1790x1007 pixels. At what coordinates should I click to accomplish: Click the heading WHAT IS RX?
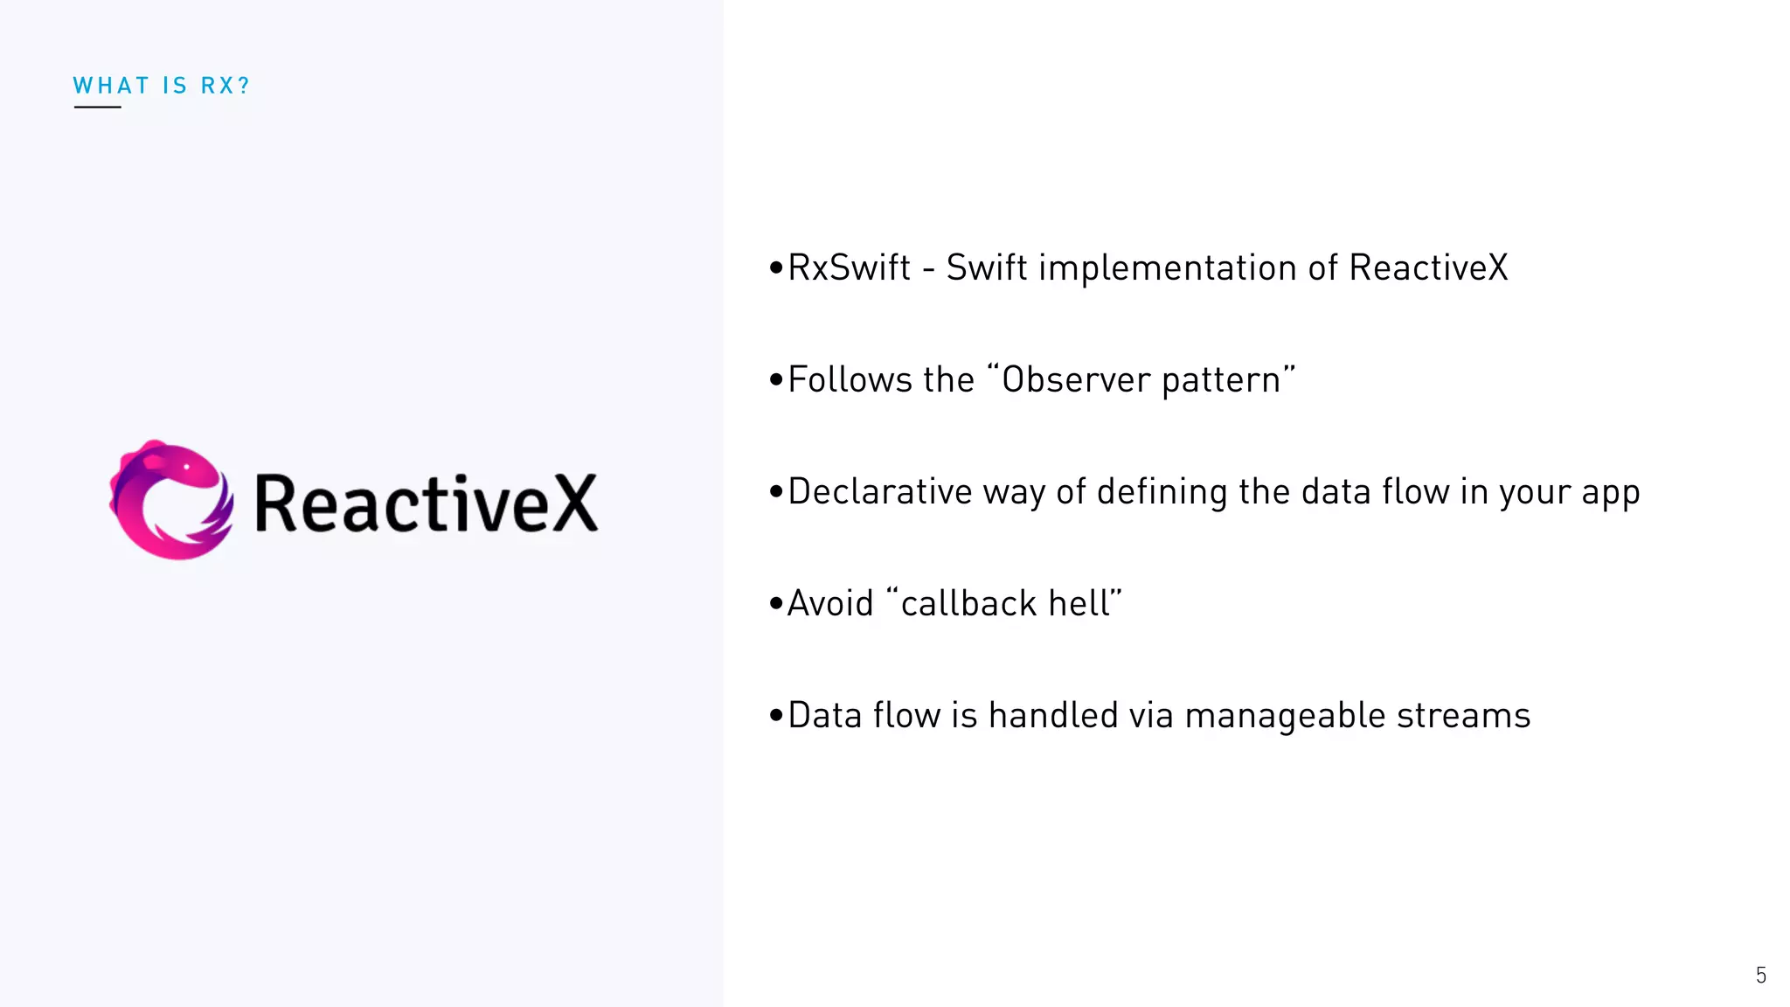162,86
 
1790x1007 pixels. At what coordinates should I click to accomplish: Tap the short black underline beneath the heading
97,108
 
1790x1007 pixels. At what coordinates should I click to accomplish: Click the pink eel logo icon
171,500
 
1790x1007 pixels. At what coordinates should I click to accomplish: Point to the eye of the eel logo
186,467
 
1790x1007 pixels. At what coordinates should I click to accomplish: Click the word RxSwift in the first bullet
849,267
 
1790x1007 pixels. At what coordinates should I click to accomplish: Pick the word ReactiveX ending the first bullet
1428,267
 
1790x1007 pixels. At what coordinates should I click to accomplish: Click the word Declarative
879,491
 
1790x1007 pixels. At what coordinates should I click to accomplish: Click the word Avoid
830,604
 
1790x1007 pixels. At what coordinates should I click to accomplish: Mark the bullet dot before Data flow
775,716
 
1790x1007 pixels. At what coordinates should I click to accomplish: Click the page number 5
1761,975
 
